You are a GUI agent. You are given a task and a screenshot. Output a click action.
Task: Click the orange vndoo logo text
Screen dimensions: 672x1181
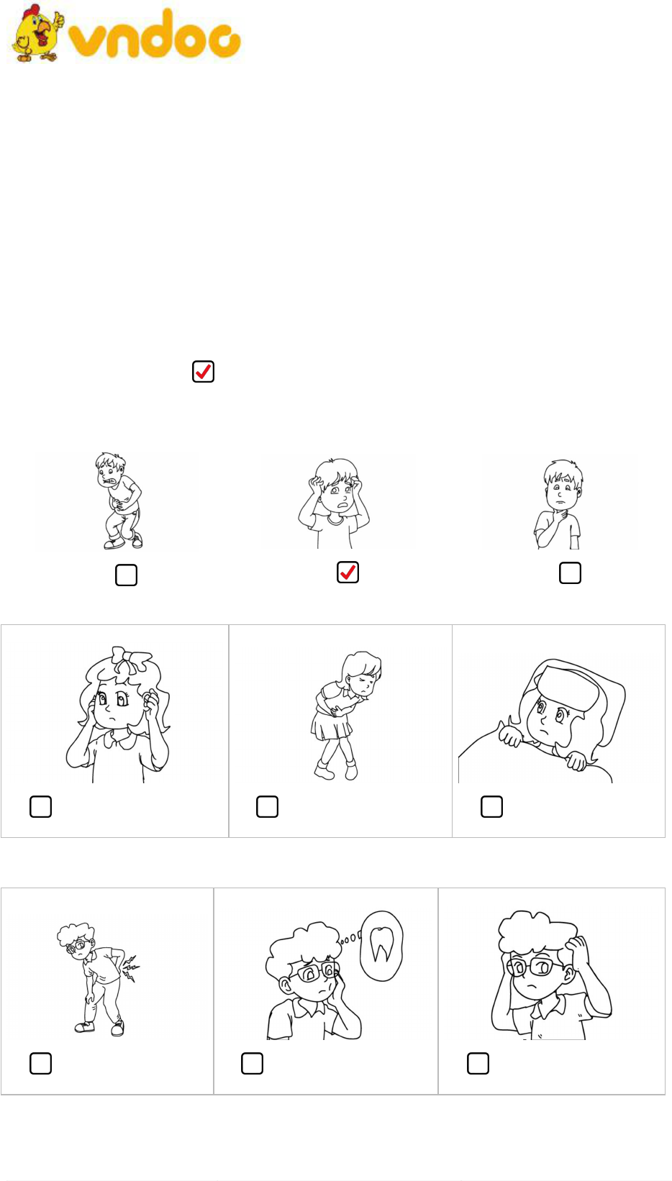point(155,34)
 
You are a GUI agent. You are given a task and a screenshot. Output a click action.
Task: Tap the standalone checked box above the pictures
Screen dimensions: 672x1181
point(203,372)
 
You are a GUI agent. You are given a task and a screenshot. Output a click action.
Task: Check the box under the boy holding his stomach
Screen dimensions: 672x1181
point(126,575)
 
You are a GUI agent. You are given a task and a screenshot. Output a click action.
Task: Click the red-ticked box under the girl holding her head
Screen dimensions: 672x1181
point(348,573)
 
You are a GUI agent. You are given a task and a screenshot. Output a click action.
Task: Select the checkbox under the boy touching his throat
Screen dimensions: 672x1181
point(571,573)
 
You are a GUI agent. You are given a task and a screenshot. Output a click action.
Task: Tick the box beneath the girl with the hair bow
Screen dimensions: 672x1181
point(40,807)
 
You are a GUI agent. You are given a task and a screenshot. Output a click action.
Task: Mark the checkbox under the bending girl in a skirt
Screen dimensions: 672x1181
point(268,807)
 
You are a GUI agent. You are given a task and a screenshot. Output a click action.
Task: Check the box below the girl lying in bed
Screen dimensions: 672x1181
point(491,807)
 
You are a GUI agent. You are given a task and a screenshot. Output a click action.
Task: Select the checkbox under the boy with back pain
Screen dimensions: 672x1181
point(40,1064)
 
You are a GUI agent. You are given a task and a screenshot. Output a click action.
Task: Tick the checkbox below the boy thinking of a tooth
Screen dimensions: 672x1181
point(252,1064)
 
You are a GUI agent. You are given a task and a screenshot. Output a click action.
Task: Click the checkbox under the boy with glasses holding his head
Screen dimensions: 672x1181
point(478,1064)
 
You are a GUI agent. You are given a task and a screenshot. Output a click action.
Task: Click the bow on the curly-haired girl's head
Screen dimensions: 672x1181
point(131,659)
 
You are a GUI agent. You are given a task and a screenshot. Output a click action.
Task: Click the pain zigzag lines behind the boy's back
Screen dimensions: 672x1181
point(130,968)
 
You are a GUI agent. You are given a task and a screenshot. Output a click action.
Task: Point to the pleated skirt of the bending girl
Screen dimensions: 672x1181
point(331,726)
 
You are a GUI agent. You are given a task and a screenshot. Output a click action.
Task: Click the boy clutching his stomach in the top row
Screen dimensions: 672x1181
point(119,501)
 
